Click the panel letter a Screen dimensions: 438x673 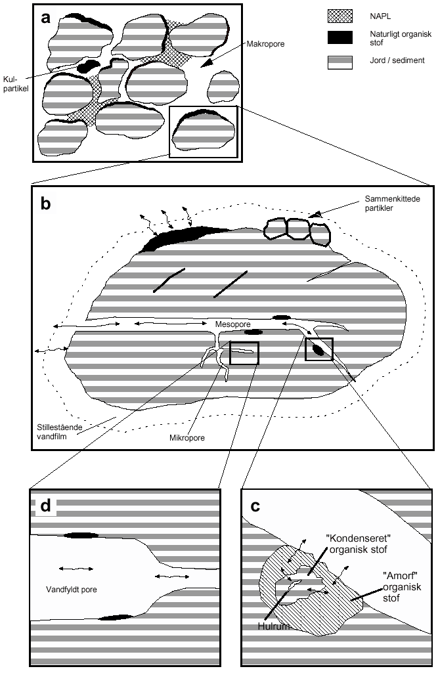click(45, 18)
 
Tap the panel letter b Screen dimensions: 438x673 click(45, 203)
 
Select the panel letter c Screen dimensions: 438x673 click(255, 506)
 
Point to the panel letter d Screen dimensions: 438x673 click(45, 506)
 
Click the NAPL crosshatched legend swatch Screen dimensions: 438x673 click(340, 16)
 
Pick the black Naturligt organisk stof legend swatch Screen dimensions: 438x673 click(340, 37)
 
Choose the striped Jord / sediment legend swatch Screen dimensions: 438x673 click(340, 62)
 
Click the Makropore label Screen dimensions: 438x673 click(265, 44)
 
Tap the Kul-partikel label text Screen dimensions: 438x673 click(16, 83)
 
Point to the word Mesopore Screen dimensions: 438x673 click(232, 324)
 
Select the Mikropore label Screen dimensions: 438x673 click(186, 438)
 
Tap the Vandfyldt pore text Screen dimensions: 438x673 click(72, 590)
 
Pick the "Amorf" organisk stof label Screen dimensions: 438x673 click(402, 587)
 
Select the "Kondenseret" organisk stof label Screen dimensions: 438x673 click(358, 544)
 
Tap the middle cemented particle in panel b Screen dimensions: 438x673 click(297, 228)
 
